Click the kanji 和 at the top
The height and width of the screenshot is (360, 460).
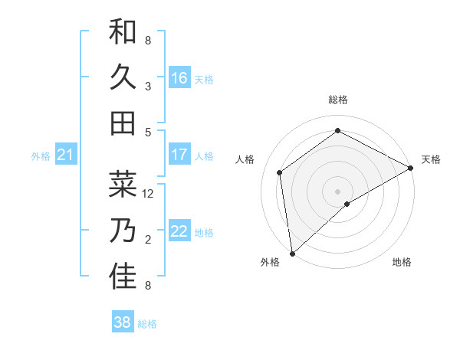tap(123, 32)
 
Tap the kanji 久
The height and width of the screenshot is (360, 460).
tap(123, 77)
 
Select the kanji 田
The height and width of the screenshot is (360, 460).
tap(123, 123)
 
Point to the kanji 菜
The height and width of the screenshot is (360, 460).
tap(123, 185)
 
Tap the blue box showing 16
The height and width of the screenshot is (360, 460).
tap(179, 78)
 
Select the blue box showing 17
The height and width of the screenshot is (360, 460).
tap(179, 155)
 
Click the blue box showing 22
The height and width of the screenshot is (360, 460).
tap(179, 231)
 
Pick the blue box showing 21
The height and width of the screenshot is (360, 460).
tap(65, 155)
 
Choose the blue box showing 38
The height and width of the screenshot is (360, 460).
tap(123, 322)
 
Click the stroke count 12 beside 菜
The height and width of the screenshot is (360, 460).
tap(149, 194)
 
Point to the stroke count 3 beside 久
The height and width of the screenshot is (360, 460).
tap(148, 87)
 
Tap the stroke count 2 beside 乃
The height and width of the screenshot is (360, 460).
tap(148, 240)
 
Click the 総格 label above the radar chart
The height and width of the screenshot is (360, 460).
tap(337, 100)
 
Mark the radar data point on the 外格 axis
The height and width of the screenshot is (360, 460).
tap(292, 253)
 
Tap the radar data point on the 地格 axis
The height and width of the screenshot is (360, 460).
tap(347, 204)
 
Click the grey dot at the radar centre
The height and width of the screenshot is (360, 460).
tap(337, 191)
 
